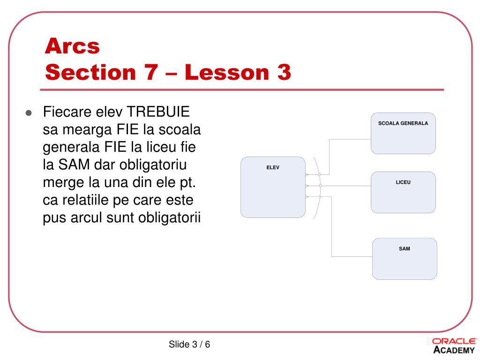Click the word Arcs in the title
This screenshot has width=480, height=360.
click(72, 46)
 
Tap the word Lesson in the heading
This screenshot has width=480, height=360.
click(227, 72)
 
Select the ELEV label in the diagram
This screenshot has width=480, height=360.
click(273, 167)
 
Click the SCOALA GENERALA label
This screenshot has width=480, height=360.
click(403, 123)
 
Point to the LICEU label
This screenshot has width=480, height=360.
click(403, 182)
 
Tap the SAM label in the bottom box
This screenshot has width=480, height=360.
click(405, 248)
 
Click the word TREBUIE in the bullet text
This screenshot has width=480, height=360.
click(158, 112)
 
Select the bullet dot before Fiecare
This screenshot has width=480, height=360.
click(29, 113)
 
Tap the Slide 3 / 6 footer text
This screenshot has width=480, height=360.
click(189, 345)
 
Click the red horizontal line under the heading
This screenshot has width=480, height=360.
click(242, 90)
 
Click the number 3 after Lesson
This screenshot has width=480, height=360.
click(284, 72)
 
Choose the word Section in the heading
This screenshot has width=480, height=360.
click(90, 72)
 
